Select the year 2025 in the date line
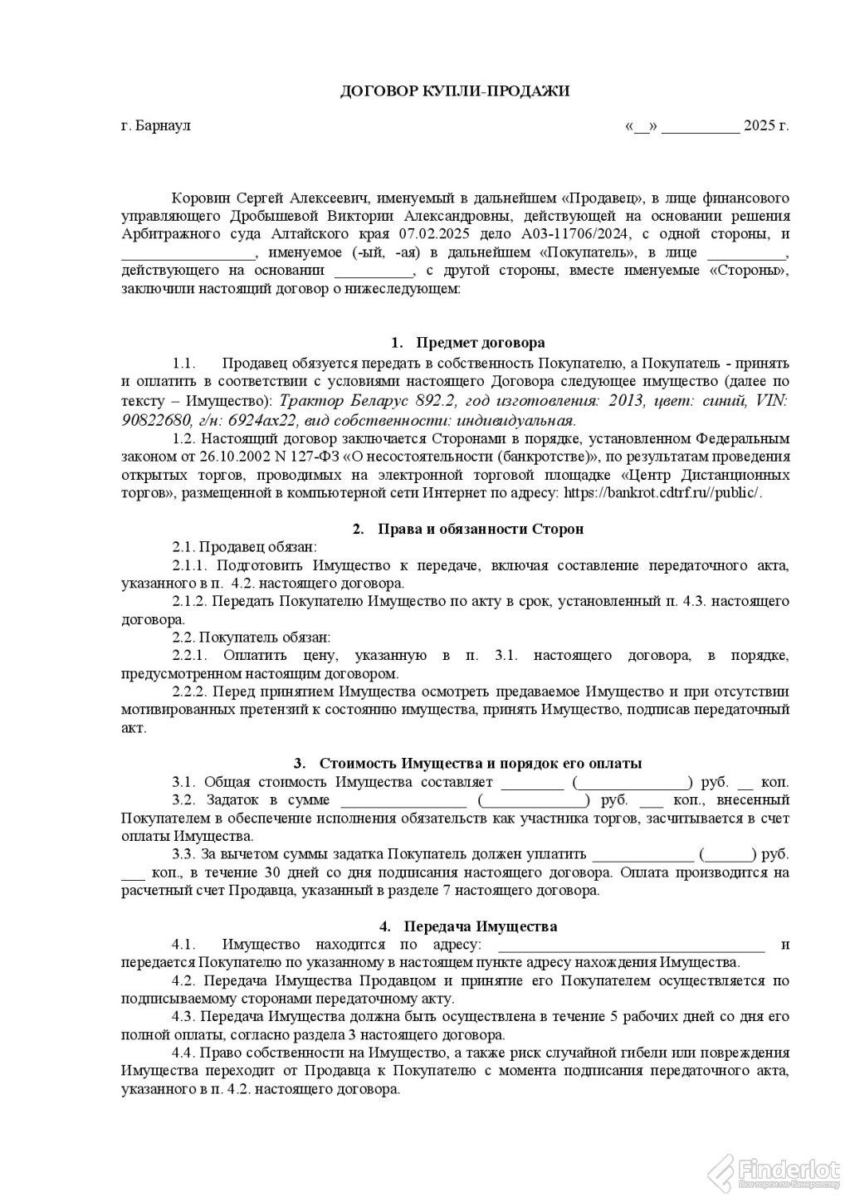(759, 126)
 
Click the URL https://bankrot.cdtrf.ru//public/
(662, 491)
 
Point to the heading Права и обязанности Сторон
(480, 529)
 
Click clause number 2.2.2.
(190, 691)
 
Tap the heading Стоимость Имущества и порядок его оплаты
(480, 764)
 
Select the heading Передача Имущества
(480, 926)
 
